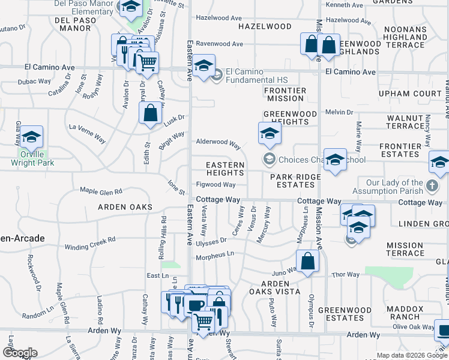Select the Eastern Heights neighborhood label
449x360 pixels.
point(225,169)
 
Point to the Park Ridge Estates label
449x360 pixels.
point(295,181)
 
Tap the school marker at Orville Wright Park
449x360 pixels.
point(32,138)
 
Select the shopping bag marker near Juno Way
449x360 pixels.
point(307,262)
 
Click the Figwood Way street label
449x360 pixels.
point(215,185)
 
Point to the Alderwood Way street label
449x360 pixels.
point(218,145)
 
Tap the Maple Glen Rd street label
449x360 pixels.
point(101,191)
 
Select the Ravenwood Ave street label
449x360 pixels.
point(219,44)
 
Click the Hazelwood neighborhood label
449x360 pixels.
point(265,27)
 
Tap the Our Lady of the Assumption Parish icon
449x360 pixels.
point(432,187)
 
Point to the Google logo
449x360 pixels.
point(19,352)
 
